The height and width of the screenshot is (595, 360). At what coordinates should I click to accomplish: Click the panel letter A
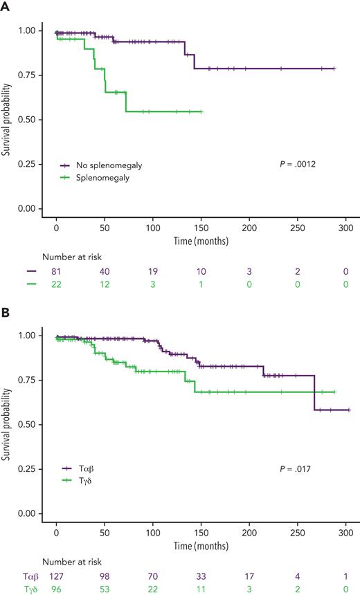tap(6, 6)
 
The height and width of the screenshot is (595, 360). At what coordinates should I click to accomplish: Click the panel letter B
tap(6, 312)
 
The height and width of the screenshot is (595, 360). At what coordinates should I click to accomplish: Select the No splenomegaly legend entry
tap(103, 165)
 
